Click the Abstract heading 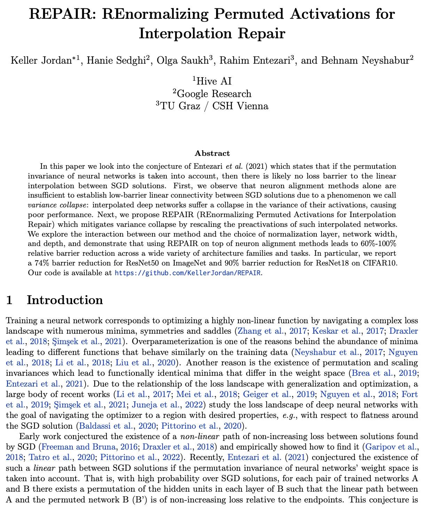[212, 153]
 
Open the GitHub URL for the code [188, 273]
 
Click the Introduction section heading [65, 300]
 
